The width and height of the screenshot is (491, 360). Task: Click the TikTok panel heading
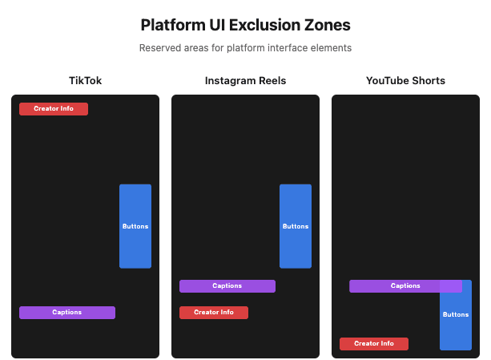(x=85, y=81)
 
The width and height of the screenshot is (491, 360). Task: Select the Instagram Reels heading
(x=245, y=81)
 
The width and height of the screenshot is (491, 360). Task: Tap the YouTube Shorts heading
(x=405, y=81)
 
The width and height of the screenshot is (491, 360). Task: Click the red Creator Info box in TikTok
(x=54, y=109)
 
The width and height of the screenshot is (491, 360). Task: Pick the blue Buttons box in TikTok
(x=135, y=226)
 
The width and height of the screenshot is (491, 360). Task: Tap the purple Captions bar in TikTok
(x=67, y=313)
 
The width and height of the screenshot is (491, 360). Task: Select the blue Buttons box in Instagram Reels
(x=296, y=226)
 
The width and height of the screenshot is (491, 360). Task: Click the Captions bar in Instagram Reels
(x=227, y=286)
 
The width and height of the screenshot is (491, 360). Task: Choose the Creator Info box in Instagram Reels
(x=214, y=313)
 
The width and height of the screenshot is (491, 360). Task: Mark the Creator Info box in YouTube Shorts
(x=374, y=344)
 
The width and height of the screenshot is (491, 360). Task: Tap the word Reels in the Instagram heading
(x=270, y=81)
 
